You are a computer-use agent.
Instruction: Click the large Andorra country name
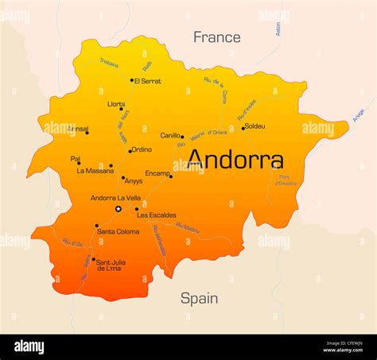[235, 161]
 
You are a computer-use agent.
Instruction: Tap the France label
[216, 37]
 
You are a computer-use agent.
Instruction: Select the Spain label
[199, 298]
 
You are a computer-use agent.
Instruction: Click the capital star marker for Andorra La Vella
[119, 209]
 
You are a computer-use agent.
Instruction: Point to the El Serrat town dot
[132, 79]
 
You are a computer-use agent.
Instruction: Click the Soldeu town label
[255, 126]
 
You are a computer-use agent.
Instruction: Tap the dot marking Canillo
[182, 137]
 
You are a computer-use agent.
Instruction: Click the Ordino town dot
[130, 150]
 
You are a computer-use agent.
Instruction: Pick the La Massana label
[94, 171]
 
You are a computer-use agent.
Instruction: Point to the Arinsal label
[77, 128]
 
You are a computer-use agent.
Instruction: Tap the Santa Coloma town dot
[97, 226]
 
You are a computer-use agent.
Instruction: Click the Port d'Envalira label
[286, 180]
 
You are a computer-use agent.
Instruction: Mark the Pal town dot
[79, 164]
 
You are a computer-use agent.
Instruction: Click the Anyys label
[133, 181]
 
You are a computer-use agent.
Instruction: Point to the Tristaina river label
[108, 64]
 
